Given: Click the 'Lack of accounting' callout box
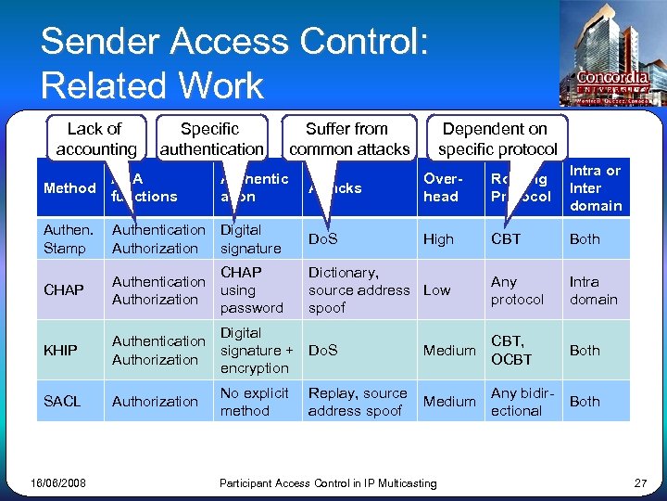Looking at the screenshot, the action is pyautogui.click(x=94, y=138).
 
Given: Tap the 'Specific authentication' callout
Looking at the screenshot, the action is pyautogui.click(x=211, y=138).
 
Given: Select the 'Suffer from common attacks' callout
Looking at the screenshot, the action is pyautogui.click(x=348, y=138).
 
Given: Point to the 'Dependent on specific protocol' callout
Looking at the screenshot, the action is pyautogui.click(x=497, y=138).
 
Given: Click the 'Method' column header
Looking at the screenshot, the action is pyautogui.click(x=69, y=188).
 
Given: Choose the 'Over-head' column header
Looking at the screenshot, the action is pyautogui.click(x=441, y=188).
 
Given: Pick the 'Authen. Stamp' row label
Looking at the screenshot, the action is pyautogui.click(x=69, y=239).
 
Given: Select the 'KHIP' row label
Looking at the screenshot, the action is pyautogui.click(x=60, y=351).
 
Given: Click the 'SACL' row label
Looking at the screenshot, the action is pyautogui.click(x=62, y=402).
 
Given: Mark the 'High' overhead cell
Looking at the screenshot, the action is pyautogui.click(x=438, y=239).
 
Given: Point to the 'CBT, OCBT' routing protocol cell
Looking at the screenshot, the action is pyautogui.click(x=511, y=351).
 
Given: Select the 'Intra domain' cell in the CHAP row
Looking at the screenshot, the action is pyautogui.click(x=593, y=290).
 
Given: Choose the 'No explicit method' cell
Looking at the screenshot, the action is pyautogui.click(x=254, y=402).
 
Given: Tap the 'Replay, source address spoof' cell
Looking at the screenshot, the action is pyautogui.click(x=358, y=402).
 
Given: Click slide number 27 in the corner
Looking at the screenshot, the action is pyautogui.click(x=639, y=482).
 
